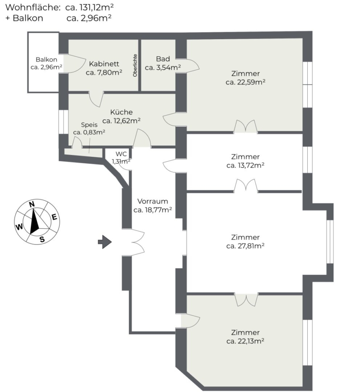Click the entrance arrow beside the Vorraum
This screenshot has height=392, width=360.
point(105,242)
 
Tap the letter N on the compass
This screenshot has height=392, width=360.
point(32,204)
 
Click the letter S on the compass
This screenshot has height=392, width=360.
point(42,240)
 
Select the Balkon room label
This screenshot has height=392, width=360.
point(46,60)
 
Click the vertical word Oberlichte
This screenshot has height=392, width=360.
point(135,65)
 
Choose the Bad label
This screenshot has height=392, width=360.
point(163,59)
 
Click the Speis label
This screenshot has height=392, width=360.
point(89,125)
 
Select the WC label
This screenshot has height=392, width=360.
point(121,154)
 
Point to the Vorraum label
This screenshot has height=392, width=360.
point(153,201)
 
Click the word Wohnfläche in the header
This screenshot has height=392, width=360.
point(33,7)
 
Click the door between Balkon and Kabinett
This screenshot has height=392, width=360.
point(72,64)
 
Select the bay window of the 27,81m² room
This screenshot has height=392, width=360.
point(330,241)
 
